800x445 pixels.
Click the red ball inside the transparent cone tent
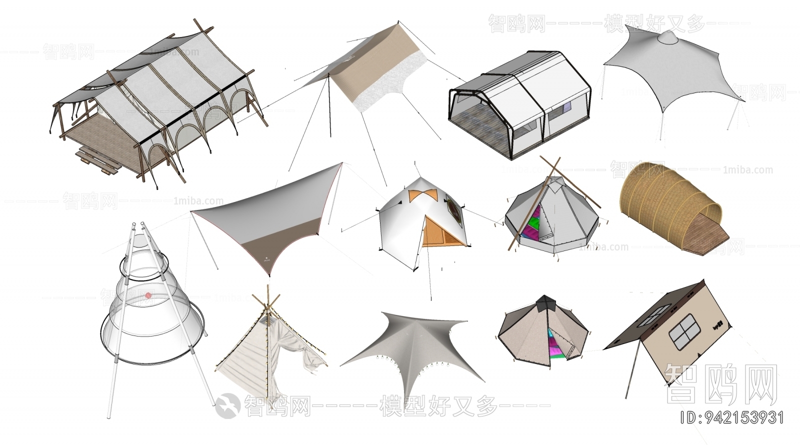(148, 296)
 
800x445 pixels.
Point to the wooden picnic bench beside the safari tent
(97, 160)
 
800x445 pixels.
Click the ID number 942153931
(733, 417)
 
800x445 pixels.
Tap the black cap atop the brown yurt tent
(544, 302)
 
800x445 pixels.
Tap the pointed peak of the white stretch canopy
(667, 36)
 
